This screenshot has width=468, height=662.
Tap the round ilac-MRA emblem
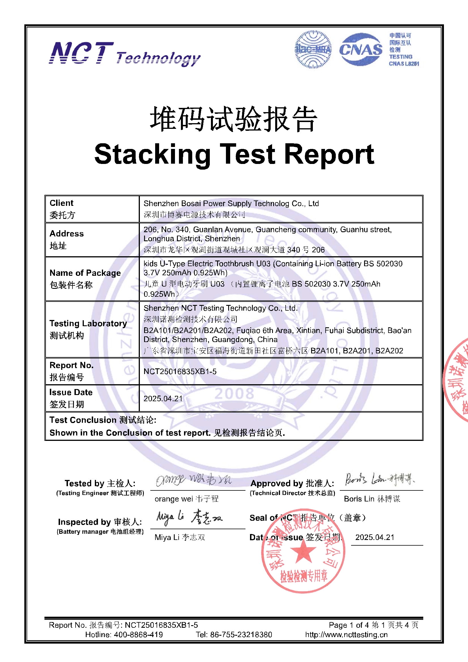pyautogui.click(x=313, y=50)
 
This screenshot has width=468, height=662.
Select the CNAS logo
pyautogui.click(x=360, y=50)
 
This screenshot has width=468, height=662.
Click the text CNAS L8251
pyautogui.click(x=404, y=64)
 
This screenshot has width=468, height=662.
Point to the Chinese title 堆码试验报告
pyautogui.click(x=234, y=119)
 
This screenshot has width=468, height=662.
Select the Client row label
pyautogui.click(x=61, y=203)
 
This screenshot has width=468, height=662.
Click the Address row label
pyautogui.click(x=67, y=234)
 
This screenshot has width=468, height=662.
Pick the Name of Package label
pyautogui.click(x=85, y=273)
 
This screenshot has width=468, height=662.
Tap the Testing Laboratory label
pyautogui.click(x=88, y=323)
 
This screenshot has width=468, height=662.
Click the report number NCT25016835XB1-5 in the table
pyautogui.click(x=180, y=371)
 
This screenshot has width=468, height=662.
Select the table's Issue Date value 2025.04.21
pyautogui.click(x=163, y=398)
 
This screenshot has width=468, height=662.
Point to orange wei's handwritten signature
pyautogui.click(x=193, y=479)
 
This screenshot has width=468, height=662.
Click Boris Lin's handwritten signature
pyautogui.click(x=379, y=479)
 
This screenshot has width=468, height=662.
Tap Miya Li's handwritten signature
pyautogui.click(x=189, y=517)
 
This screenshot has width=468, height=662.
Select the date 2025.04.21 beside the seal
pyautogui.click(x=375, y=537)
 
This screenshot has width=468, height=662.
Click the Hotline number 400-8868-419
pyautogui.click(x=138, y=635)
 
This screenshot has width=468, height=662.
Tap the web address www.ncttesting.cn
pyautogui.click(x=346, y=635)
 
